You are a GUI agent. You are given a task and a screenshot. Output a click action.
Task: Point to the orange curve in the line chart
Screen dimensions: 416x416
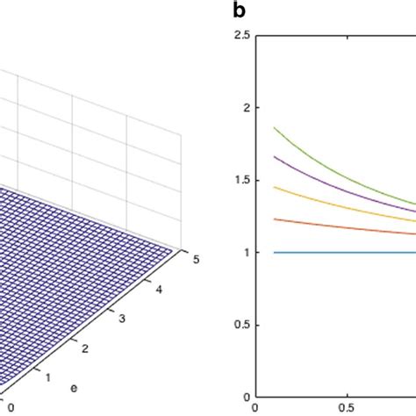tap(334, 225)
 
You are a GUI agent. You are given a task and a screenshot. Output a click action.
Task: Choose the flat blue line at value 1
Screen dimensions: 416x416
tap(334, 252)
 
